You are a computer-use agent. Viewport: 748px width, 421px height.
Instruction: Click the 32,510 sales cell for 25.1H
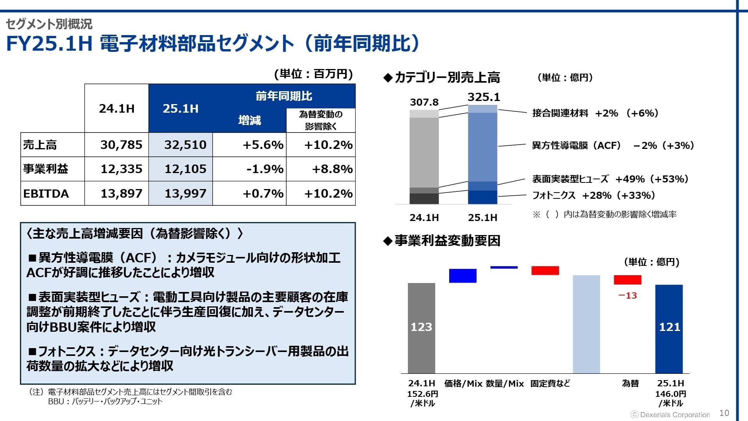pyautogui.click(x=185, y=145)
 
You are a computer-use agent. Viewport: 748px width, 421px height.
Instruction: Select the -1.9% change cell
pyautogui.click(x=265, y=169)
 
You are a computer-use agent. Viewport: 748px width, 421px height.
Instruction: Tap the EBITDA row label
pyautogui.click(x=46, y=194)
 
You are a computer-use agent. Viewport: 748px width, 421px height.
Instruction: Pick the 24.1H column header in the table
pyautogui.click(x=116, y=108)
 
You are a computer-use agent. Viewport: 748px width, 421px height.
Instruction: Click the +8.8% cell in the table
pyautogui.click(x=332, y=169)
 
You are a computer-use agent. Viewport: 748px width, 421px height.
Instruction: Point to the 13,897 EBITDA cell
pyautogui.click(x=122, y=194)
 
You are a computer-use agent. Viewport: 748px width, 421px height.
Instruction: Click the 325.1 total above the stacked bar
pyautogui.click(x=483, y=97)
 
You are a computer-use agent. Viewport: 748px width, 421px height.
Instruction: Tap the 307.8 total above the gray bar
pyautogui.click(x=424, y=103)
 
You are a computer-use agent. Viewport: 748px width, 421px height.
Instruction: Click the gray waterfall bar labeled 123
pyautogui.click(x=421, y=327)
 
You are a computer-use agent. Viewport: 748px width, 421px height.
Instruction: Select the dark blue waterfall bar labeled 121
pyautogui.click(x=669, y=327)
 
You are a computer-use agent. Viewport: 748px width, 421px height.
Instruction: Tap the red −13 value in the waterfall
pyautogui.click(x=627, y=296)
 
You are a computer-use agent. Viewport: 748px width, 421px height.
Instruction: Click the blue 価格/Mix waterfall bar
pyautogui.click(x=462, y=276)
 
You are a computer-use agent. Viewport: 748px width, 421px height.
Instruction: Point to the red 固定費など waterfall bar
pyautogui.click(x=545, y=271)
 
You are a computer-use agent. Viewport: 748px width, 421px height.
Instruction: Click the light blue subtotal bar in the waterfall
pyautogui.click(x=586, y=324)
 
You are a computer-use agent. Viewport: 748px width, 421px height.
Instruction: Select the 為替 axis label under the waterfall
pyautogui.click(x=630, y=384)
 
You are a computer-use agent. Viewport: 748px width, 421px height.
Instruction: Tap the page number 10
pyautogui.click(x=724, y=413)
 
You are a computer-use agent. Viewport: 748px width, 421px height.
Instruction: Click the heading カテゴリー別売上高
pyautogui.click(x=447, y=78)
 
